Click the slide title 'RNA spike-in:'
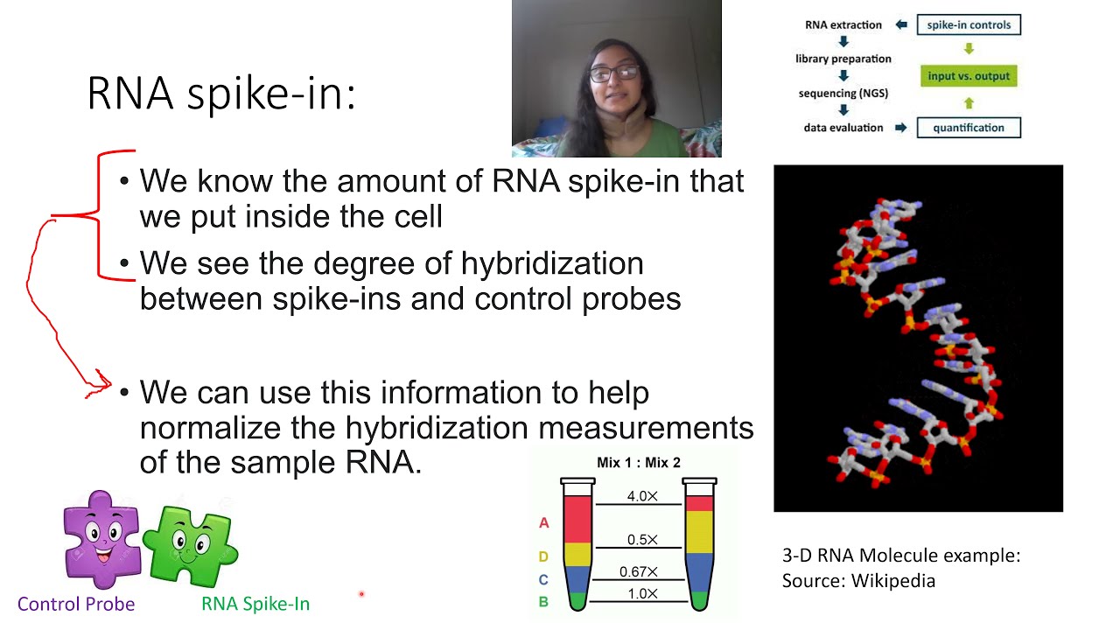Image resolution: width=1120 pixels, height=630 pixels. pos(221,94)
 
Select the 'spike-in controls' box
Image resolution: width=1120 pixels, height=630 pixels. pos(969,24)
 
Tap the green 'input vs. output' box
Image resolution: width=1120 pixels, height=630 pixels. pos(969,76)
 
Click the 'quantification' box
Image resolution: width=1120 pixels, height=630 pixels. pos(969,128)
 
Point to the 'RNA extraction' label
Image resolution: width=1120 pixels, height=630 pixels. pos(843,24)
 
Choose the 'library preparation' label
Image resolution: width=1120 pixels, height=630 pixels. pos(843,59)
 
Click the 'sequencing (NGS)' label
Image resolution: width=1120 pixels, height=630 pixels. pos(843,93)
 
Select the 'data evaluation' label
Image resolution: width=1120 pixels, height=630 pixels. pos(843,128)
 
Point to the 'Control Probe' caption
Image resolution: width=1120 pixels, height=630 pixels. pos(76,604)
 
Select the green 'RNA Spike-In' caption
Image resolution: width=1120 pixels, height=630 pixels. pos(255,604)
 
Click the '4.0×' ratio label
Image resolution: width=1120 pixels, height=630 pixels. pos(642,496)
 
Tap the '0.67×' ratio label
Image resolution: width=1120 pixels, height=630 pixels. pos(638,571)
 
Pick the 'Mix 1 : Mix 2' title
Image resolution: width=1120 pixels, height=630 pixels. pos(638,463)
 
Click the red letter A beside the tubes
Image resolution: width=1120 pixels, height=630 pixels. pos(543,523)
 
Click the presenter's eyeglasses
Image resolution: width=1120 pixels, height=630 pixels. pos(614,73)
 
